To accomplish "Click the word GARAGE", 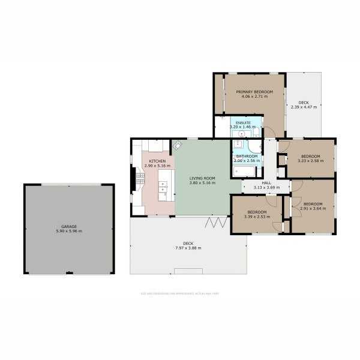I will pyautogui.click(x=68, y=226).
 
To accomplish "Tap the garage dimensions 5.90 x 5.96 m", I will pyautogui.click(x=68, y=231).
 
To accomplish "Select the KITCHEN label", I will pyautogui.click(x=157, y=161).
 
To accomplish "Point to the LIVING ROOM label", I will pyautogui.click(x=202, y=178).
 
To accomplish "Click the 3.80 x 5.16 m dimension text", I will pyautogui.click(x=202, y=182).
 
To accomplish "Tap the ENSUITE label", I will pyautogui.click(x=243, y=122).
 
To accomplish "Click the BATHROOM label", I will pyautogui.click(x=246, y=157).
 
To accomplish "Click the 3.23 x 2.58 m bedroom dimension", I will pyautogui.click(x=310, y=161).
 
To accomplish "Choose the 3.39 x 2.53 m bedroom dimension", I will pyautogui.click(x=257, y=216).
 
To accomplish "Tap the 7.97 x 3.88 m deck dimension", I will pyautogui.click(x=188, y=248).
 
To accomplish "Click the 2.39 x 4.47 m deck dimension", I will pyautogui.click(x=304, y=107).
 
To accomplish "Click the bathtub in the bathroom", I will pyautogui.click(x=244, y=172).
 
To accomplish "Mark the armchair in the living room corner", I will pyautogui.click(x=178, y=145).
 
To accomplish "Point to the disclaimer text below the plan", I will pyautogui.click(x=180, y=294).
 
